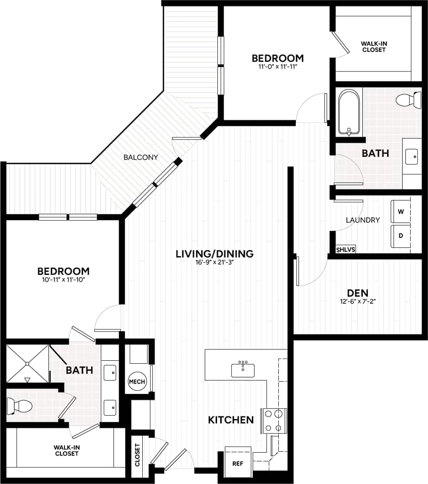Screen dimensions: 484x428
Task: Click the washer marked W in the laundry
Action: [x=401, y=211]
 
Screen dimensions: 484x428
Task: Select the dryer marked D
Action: [x=401, y=236]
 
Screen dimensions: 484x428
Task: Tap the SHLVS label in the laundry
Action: [x=346, y=250]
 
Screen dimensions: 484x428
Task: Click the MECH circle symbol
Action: [x=137, y=382]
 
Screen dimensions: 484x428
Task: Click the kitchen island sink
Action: [x=243, y=370]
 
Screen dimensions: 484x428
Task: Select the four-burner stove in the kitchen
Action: [x=274, y=421]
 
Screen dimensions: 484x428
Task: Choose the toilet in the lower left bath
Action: [x=20, y=407]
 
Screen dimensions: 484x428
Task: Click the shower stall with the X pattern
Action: [x=27, y=363]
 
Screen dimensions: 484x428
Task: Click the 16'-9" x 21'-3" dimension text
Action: [x=214, y=263]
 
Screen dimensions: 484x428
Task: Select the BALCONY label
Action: [x=140, y=157]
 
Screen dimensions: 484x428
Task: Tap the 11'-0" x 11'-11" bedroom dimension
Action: [x=278, y=68]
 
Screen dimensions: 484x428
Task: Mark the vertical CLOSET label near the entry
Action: [x=137, y=455]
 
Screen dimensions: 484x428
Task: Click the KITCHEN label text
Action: [x=231, y=420]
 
